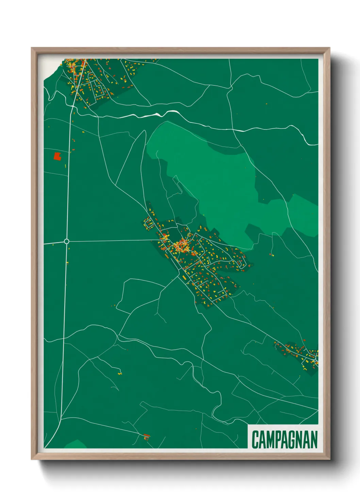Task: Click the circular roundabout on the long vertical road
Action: point(67,241)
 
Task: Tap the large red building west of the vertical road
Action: point(57,156)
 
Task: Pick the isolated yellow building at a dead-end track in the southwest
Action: point(120,374)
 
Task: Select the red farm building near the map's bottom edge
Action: point(147,436)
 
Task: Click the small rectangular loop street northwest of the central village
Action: point(149,224)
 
